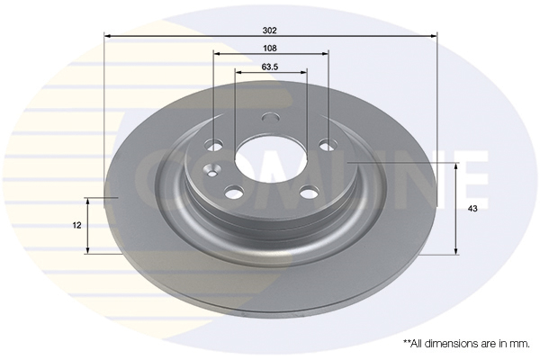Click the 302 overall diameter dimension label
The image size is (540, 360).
270,31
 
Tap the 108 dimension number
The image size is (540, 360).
270,49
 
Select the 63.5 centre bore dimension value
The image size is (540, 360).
270,67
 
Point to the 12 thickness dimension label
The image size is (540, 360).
77,225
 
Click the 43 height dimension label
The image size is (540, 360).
472,209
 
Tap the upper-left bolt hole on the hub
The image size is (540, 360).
213,145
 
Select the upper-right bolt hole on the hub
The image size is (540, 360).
328,145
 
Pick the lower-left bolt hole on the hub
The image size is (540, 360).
235,192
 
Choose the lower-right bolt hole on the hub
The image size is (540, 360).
310,192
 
